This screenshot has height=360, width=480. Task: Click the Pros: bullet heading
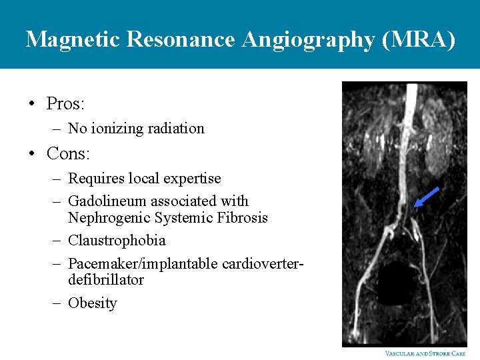pyautogui.click(x=65, y=104)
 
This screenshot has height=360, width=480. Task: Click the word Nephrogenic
pyautogui.click(x=109, y=218)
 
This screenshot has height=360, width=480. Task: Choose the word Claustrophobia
pyautogui.click(x=117, y=241)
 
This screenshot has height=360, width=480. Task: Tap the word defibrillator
pyautogui.click(x=106, y=280)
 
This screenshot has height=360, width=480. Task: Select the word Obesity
pyautogui.click(x=93, y=303)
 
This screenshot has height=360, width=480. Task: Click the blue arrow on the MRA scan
pyautogui.click(x=426, y=197)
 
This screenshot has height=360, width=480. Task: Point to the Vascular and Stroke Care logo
pyautogui.click(x=425, y=353)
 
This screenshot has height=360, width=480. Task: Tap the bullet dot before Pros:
pyautogui.click(x=31, y=105)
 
